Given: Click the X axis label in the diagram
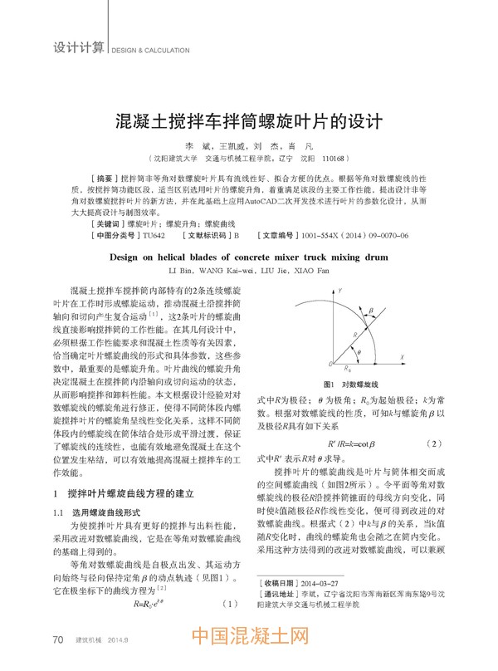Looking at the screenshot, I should point(402,356).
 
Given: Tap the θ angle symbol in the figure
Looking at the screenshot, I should point(359,352).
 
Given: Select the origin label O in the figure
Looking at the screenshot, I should point(331,365).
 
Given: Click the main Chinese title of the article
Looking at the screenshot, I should point(248,118).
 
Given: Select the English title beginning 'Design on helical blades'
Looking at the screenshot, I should point(248,257).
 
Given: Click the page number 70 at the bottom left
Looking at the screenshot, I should point(58,639).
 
